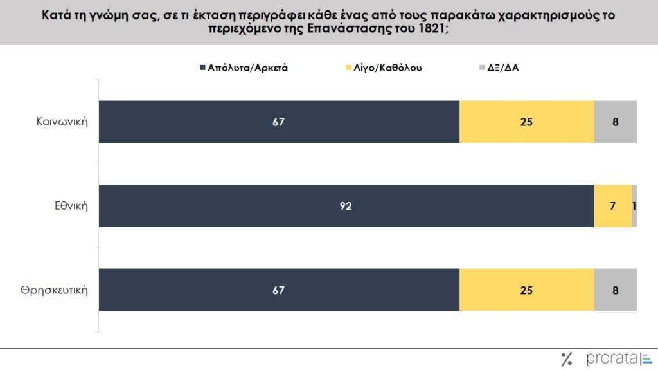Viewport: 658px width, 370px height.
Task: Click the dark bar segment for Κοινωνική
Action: (x=278, y=122)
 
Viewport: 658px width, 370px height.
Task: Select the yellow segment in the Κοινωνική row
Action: (x=526, y=122)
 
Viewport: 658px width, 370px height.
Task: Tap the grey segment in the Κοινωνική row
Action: (x=615, y=122)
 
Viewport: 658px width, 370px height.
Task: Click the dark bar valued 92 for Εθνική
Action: (x=346, y=206)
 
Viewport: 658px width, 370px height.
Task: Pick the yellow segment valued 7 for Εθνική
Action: (x=612, y=206)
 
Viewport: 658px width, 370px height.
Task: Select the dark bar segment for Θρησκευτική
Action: (x=278, y=290)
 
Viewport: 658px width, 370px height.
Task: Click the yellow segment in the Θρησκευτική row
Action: (x=526, y=290)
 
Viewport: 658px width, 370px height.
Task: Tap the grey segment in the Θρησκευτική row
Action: (x=615, y=290)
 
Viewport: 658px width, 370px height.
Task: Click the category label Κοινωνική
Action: (x=62, y=122)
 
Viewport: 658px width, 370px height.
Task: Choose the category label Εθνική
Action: (x=71, y=206)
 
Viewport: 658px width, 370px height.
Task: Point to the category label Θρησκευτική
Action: (x=53, y=290)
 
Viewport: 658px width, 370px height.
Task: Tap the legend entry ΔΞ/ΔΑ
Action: (x=502, y=68)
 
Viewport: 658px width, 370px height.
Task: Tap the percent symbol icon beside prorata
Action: (x=567, y=359)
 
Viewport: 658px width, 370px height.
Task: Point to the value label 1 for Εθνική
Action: (x=634, y=206)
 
